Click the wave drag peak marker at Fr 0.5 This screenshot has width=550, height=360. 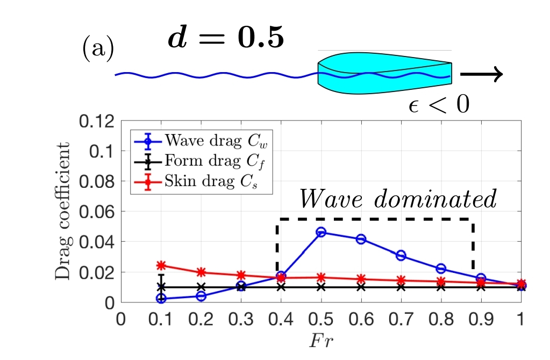(x=321, y=232)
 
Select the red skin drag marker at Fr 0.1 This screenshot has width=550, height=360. (x=160, y=265)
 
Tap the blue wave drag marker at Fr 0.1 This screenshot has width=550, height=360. (x=160, y=298)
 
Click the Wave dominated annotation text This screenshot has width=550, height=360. (x=397, y=200)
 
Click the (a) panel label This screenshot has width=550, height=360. (x=97, y=49)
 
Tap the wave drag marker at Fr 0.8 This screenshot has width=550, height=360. (x=441, y=269)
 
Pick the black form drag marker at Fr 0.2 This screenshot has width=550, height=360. (x=201, y=287)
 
